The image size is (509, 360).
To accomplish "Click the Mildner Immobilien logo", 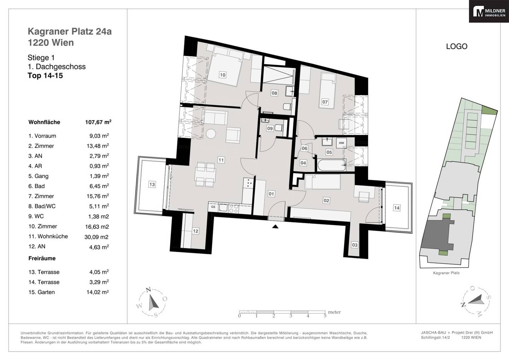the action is [489, 11].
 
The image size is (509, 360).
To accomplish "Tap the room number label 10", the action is [223, 75].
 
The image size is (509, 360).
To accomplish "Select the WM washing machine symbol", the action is [341, 143].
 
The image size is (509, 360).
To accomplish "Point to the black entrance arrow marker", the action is [275, 226].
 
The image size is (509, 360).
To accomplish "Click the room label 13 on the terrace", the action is [152, 184].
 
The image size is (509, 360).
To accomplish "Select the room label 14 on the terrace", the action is [397, 208].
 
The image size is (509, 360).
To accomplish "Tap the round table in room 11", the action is [211, 134].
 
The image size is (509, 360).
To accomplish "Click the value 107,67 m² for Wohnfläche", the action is [98, 122].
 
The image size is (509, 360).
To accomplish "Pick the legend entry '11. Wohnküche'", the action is [48, 236].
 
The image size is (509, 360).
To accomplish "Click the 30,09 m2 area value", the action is [96, 237].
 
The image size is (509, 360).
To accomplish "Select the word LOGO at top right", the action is [457, 46].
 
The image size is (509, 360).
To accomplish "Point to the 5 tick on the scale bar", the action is [325, 315].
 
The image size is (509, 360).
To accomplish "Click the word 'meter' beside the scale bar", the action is [334, 312].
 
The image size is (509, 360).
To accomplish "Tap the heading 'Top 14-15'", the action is [45, 75].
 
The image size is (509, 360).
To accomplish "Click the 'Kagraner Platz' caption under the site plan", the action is [446, 273].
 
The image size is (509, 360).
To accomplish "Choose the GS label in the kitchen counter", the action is [213, 207].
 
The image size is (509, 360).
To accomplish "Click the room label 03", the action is [355, 245].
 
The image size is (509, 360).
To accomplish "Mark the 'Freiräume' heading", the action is [42, 259].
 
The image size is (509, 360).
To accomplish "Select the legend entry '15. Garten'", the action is [42, 292].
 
